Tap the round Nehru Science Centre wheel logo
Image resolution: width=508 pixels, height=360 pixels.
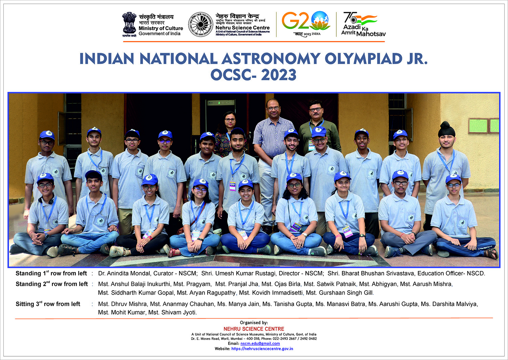200,24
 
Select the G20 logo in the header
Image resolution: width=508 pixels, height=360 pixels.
306,23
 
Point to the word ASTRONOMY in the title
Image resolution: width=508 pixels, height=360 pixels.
271,59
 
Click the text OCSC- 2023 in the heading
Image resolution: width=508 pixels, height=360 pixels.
253,75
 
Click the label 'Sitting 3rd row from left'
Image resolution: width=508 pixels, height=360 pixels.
48,304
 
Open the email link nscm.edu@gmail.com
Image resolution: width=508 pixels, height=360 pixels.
260,343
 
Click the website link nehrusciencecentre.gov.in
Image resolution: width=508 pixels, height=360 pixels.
262,348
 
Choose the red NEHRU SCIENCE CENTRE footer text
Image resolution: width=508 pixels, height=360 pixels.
254,329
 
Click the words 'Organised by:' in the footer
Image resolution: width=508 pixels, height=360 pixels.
254,323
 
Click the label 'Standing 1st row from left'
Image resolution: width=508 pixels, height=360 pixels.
51,273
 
